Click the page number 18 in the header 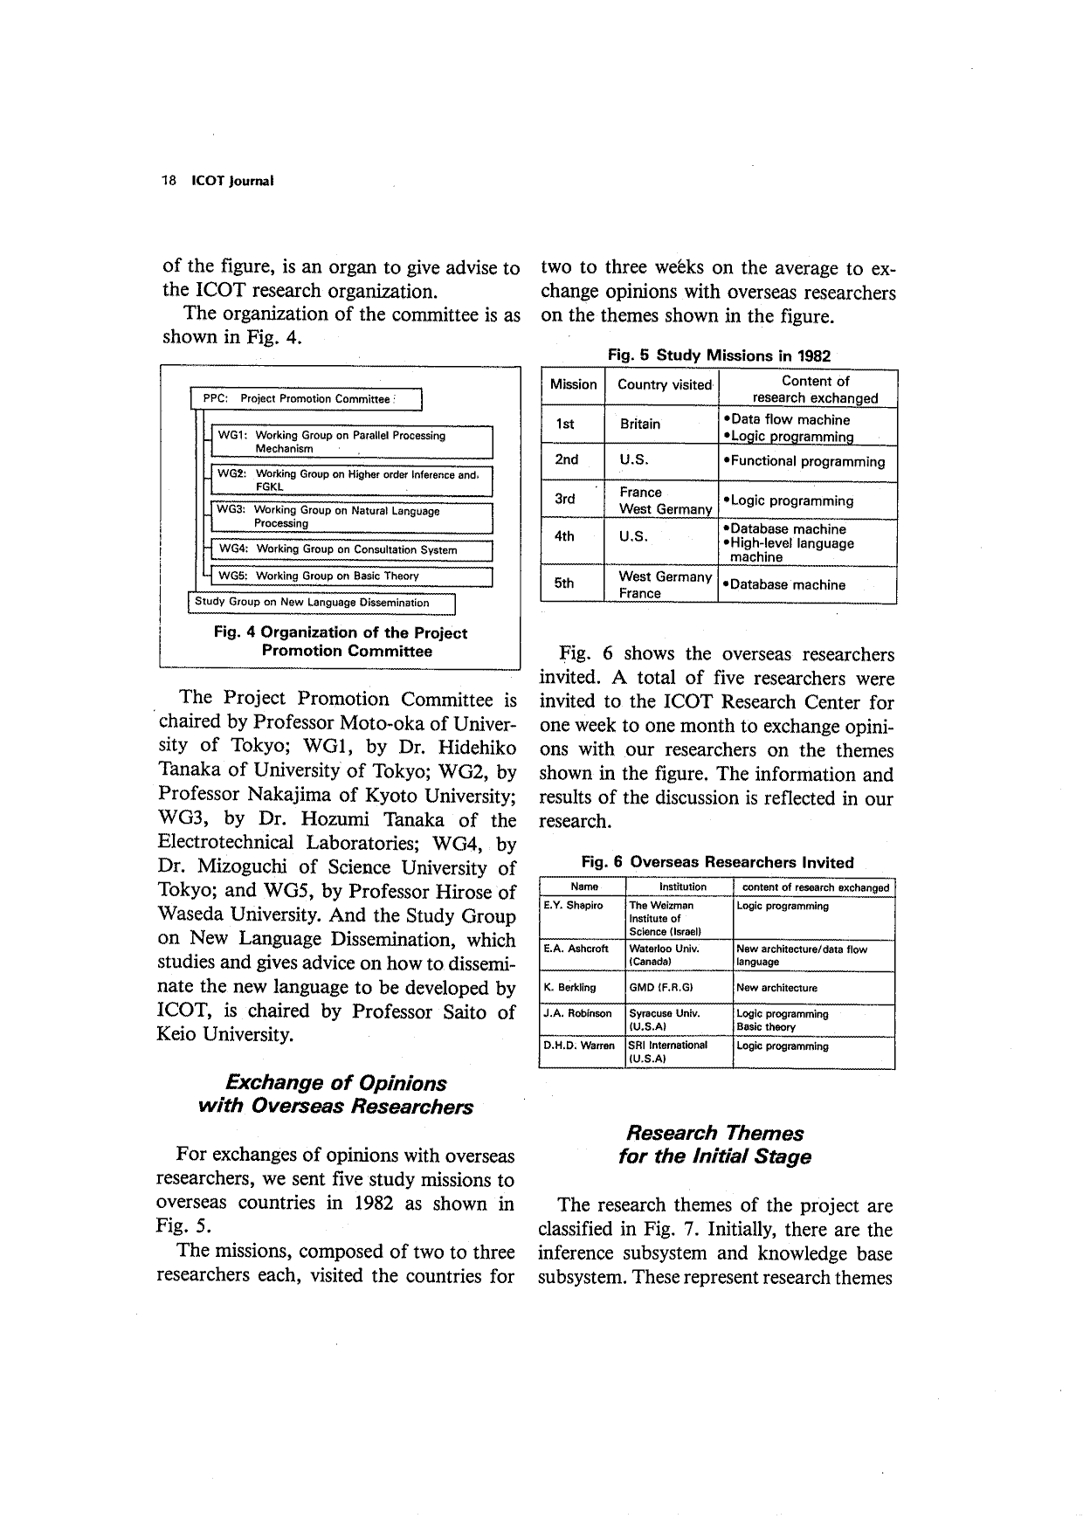(x=169, y=181)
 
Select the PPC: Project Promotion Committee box (x=306, y=399)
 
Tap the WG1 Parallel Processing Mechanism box (x=352, y=442)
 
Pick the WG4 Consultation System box (x=352, y=550)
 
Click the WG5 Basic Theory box (x=352, y=576)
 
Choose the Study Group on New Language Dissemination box (x=322, y=603)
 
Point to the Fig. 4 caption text (x=340, y=642)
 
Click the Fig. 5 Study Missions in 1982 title (x=718, y=355)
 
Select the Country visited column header (x=664, y=385)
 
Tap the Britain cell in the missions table (x=640, y=424)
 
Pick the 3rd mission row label (x=565, y=500)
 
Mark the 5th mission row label (x=565, y=584)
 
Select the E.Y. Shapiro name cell (x=573, y=906)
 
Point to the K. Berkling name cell (x=569, y=988)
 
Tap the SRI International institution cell (x=668, y=1052)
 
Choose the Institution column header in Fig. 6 (x=682, y=887)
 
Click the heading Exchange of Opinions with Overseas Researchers (x=335, y=1095)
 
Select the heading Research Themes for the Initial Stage (x=714, y=1145)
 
